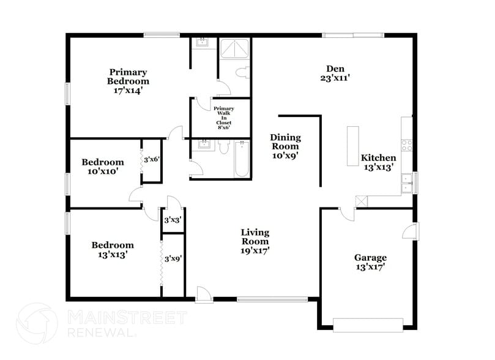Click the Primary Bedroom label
tap(128, 81)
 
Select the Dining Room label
tap(285, 146)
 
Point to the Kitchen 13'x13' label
tap(378, 162)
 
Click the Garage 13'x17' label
tap(370, 262)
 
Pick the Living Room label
tap(255, 241)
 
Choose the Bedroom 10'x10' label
tap(103, 167)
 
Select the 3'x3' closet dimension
tap(173, 219)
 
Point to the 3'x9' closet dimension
tap(173, 258)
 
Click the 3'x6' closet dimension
tap(151, 159)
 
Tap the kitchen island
tap(353, 146)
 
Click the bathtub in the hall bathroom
tap(242, 159)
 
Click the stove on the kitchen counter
tap(407, 145)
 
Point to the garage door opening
tap(367, 324)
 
